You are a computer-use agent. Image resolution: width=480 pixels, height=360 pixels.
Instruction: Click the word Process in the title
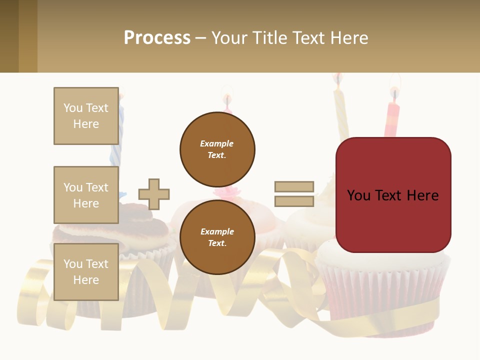click(x=157, y=38)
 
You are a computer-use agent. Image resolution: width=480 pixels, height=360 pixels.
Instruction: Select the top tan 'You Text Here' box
click(x=86, y=116)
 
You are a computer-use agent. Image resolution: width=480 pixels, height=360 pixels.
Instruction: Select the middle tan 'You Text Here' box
click(x=86, y=195)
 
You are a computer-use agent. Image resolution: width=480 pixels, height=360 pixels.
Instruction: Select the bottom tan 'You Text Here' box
click(x=86, y=271)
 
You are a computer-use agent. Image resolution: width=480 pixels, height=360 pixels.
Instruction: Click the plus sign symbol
click(x=154, y=194)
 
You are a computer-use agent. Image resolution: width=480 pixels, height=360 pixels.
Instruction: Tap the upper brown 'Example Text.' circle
click(x=217, y=149)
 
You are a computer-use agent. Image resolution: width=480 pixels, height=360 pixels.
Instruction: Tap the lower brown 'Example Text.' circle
click(x=217, y=237)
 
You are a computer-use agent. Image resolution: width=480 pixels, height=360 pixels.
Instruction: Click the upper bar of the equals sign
click(x=294, y=186)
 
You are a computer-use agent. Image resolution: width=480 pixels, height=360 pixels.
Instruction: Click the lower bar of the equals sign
click(x=294, y=201)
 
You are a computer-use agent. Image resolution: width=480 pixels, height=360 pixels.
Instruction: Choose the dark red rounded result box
click(x=393, y=195)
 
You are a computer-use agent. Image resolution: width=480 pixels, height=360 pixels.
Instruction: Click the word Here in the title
click(x=348, y=38)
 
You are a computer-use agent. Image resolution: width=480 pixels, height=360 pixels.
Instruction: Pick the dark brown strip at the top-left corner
click(x=9, y=36)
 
